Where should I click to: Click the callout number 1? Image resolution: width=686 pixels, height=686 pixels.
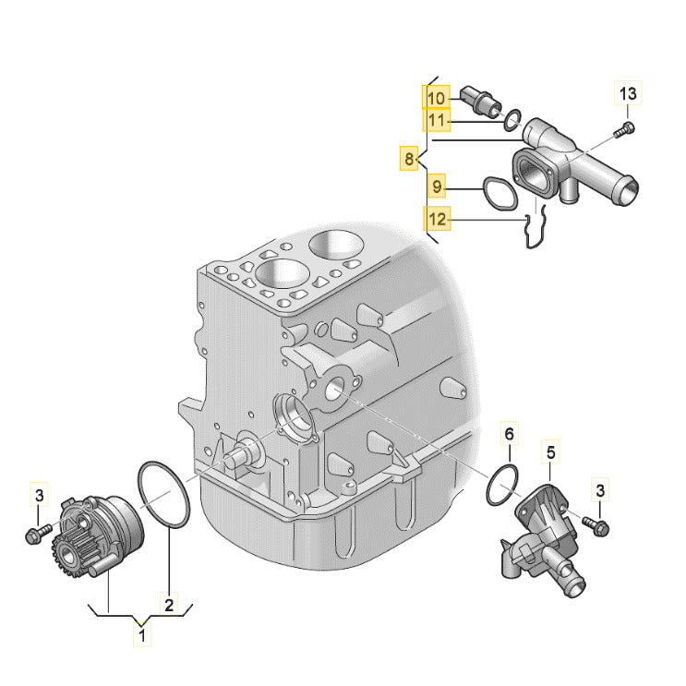(x=141, y=635)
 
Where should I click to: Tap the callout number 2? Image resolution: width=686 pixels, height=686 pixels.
(x=169, y=606)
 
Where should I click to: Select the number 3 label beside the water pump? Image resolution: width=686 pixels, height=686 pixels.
(x=39, y=496)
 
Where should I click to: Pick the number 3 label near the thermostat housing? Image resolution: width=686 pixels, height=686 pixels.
(x=600, y=488)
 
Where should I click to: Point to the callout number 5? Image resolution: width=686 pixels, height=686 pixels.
(x=551, y=452)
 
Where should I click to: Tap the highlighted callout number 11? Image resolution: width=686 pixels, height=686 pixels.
(x=437, y=120)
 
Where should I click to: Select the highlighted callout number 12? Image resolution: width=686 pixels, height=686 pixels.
(x=437, y=220)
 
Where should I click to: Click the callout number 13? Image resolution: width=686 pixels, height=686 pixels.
(x=628, y=93)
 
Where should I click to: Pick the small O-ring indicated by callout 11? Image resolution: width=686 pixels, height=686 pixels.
(x=511, y=118)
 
